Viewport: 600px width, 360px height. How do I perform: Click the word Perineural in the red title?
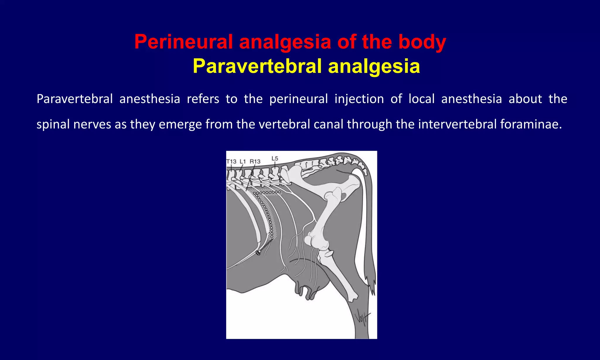tap(183, 42)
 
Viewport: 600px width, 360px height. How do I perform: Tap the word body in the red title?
tap(422, 42)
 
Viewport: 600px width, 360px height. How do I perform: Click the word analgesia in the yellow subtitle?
tap(374, 66)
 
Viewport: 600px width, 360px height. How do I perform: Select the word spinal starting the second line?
tap(53, 124)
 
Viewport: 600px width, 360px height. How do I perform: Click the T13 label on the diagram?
tap(231, 161)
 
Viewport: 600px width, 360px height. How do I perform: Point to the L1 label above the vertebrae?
tap(243, 161)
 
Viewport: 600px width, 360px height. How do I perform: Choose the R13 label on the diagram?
tap(255, 161)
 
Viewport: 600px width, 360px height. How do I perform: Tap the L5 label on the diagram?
tap(275, 158)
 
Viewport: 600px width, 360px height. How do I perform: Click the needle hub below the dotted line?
tap(258, 252)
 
